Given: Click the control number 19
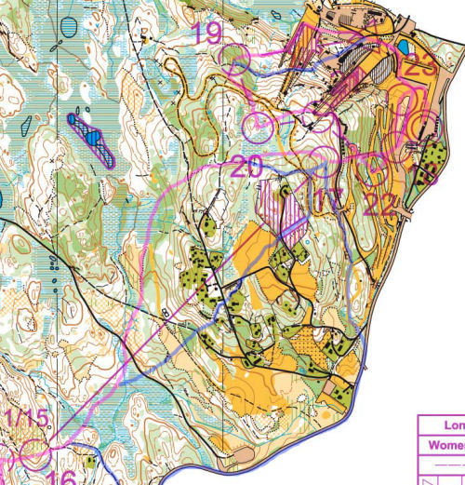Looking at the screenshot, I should click(206, 34).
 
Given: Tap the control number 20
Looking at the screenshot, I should click(246, 168).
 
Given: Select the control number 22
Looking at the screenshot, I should click(379, 203).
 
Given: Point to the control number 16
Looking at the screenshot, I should click(61, 478).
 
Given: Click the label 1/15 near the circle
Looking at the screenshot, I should click(25, 419).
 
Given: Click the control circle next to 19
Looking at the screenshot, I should click(236, 62).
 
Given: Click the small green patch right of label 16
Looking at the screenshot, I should click(89, 460).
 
